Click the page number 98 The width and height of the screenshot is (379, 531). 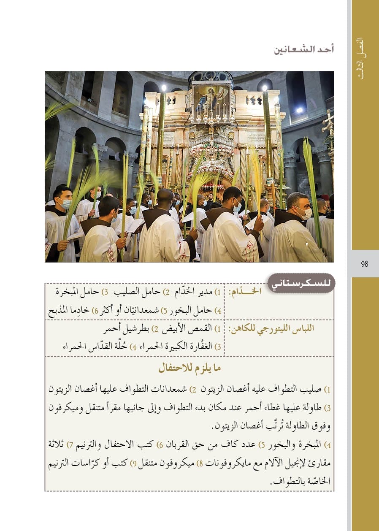click(x=364, y=265)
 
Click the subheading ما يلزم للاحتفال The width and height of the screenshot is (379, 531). click(x=189, y=368)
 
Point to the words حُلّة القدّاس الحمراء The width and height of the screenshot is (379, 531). click(x=89, y=347)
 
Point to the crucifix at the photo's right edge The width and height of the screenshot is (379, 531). click(x=328, y=122)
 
